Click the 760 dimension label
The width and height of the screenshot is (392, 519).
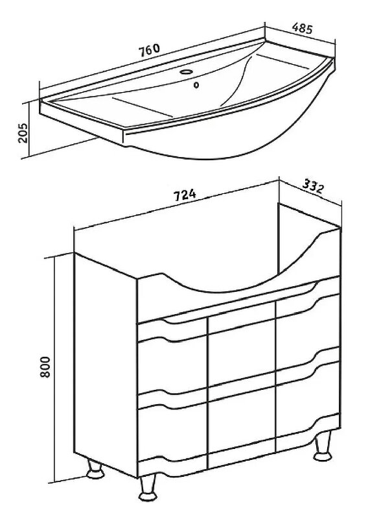click(x=150, y=51)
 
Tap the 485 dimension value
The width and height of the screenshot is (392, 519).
click(x=302, y=29)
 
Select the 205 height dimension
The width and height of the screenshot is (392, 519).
click(x=24, y=133)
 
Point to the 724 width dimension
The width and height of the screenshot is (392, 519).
click(x=185, y=195)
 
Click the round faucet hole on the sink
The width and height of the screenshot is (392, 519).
click(x=187, y=72)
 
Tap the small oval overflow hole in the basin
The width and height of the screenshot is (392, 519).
click(x=197, y=85)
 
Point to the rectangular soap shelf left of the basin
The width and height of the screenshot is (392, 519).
click(x=142, y=106)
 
